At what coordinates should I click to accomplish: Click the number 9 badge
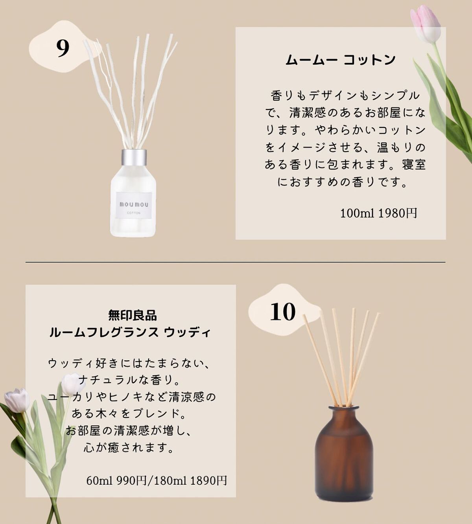(63, 48)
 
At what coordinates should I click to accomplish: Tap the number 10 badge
(282, 312)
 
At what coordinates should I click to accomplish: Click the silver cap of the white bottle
(134, 159)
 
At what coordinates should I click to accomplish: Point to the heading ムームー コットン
(341, 60)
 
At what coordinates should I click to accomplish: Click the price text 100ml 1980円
(378, 213)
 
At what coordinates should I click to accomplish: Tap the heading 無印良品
(133, 315)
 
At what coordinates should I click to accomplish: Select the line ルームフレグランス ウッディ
(130, 333)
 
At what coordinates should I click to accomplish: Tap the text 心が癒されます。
(128, 448)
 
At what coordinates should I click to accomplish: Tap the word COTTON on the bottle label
(134, 213)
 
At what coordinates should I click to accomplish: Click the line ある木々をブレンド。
(129, 414)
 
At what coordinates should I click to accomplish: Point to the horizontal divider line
(235, 262)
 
